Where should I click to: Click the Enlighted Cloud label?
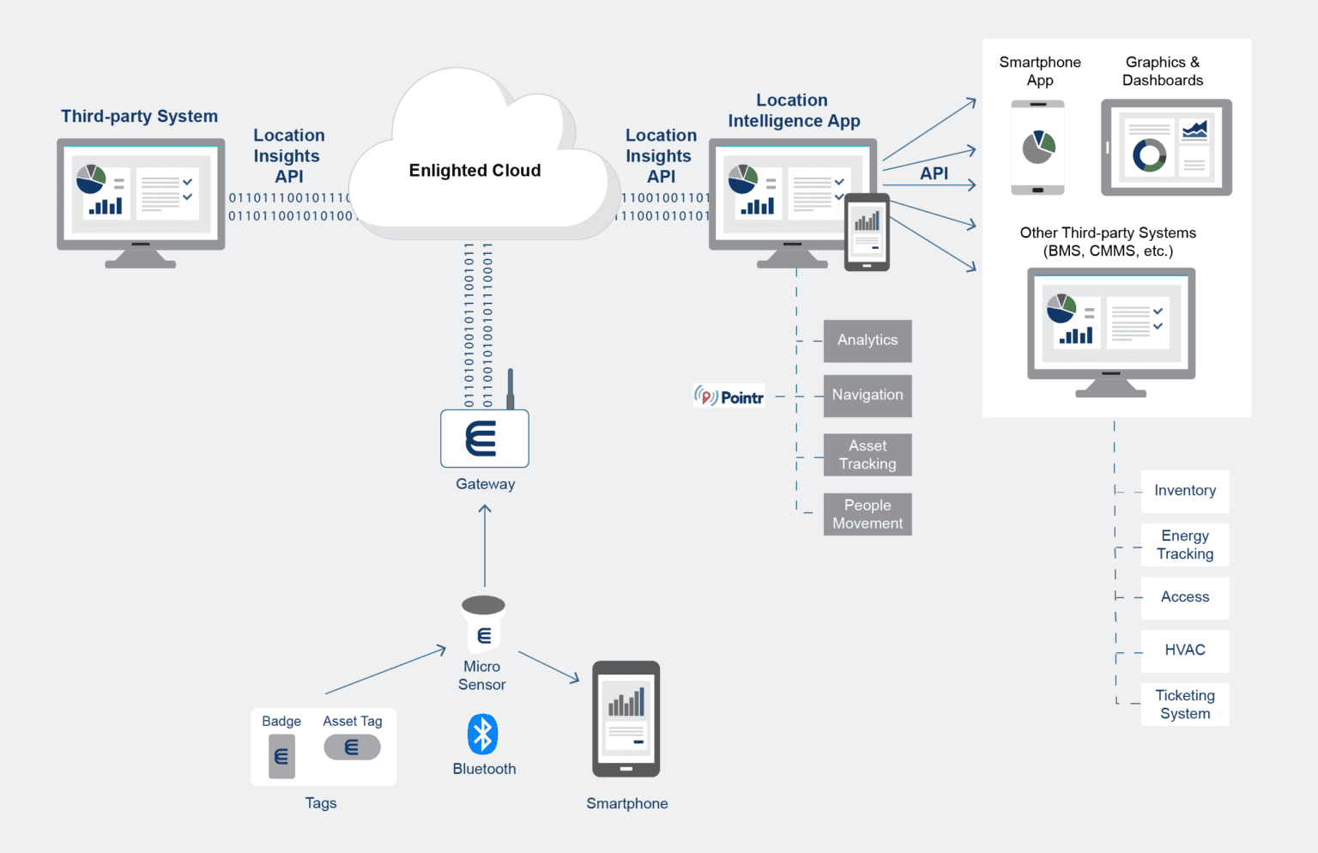pyautogui.click(x=475, y=170)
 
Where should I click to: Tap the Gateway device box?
pyautogui.click(x=485, y=439)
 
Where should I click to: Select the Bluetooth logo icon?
pyautogui.click(x=483, y=735)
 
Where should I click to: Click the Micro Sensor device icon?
pyautogui.click(x=484, y=624)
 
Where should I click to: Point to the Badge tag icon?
pyautogui.click(x=281, y=756)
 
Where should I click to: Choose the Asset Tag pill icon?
pyautogui.click(x=352, y=747)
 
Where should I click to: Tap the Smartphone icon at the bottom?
pyautogui.click(x=626, y=718)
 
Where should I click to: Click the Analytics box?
pyautogui.click(x=868, y=341)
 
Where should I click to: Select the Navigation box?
pyautogui.click(x=868, y=396)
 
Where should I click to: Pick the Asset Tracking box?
pyautogui.click(x=868, y=455)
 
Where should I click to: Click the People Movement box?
pyautogui.click(x=868, y=514)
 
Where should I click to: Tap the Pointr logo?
pyautogui.click(x=729, y=396)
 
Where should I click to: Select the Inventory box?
pyautogui.click(x=1185, y=491)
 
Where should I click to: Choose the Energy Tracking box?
pyautogui.click(x=1185, y=545)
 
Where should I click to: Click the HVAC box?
pyautogui.click(x=1185, y=650)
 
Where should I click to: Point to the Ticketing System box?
pyautogui.click(x=1185, y=705)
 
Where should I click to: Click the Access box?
pyautogui.click(x=1185, y=597)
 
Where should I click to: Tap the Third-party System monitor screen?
pyautogui.click(x=141, y=194)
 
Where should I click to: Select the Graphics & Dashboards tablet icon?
pyautogui.click(x=1166, y=148)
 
